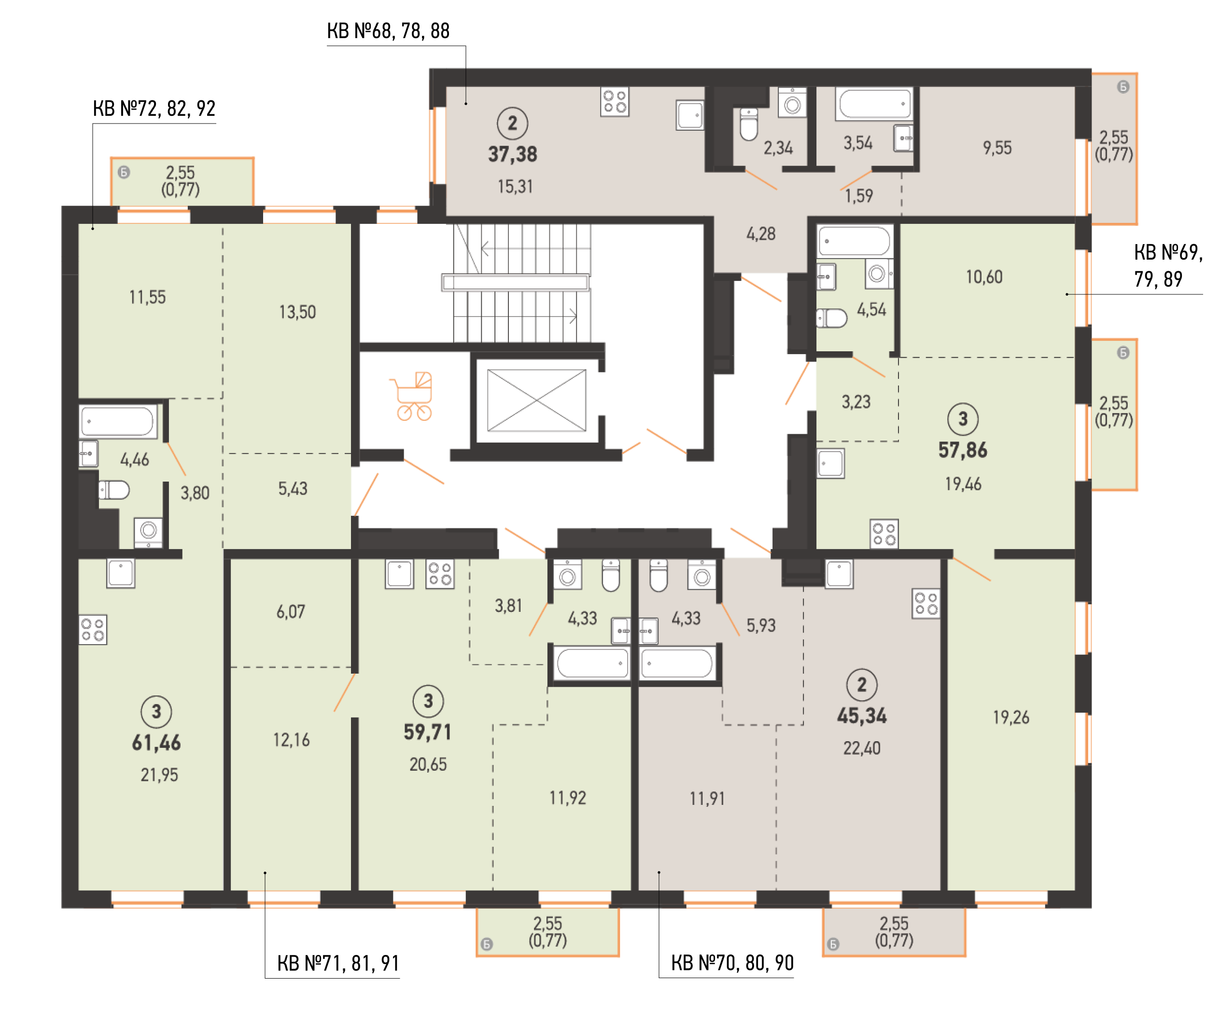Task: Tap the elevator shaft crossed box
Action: tap(536, 400)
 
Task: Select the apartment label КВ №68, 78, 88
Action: tap(388, 31)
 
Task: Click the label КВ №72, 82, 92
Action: tap(154, 109)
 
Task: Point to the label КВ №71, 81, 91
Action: tap(338, 963)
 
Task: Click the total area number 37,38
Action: tap(512, 154)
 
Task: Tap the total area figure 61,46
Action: tap(156, 743)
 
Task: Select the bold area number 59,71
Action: tap(428, 733)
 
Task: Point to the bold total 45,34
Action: tap(861, 716)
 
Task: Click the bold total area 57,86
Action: tap(962, 450)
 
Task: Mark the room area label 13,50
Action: tap(297, 312)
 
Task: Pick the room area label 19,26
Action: tap(1010, 718)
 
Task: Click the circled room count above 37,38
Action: tap(512, 123)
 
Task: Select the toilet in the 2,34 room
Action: tap(749, 124)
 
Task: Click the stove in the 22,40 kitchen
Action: tap(925, 604)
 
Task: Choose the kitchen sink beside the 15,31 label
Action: tap(690, 115)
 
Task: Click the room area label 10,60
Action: tap(984, 277)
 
